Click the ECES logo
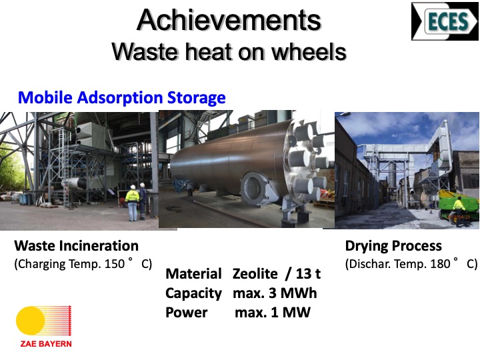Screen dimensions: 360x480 point(444,21)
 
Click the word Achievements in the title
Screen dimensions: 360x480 point(229,21)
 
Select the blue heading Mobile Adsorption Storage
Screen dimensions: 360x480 point(122,98)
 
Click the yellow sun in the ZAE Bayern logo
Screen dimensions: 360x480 point(30,321)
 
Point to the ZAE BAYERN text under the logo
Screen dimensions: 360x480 point(43,344)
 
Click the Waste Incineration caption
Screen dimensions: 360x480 point(76,245)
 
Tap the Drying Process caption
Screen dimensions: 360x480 point(393,245)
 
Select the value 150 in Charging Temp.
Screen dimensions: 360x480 point(115,263)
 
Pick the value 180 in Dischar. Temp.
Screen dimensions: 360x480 point(440,263)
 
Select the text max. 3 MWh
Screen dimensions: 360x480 point(275,293)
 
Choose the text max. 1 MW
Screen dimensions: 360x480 point(273,312)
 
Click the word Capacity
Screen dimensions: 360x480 point(193,293)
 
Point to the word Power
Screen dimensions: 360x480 point(187,312)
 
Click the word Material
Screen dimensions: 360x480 point(193,273)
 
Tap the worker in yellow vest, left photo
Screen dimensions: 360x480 point(133,201)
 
